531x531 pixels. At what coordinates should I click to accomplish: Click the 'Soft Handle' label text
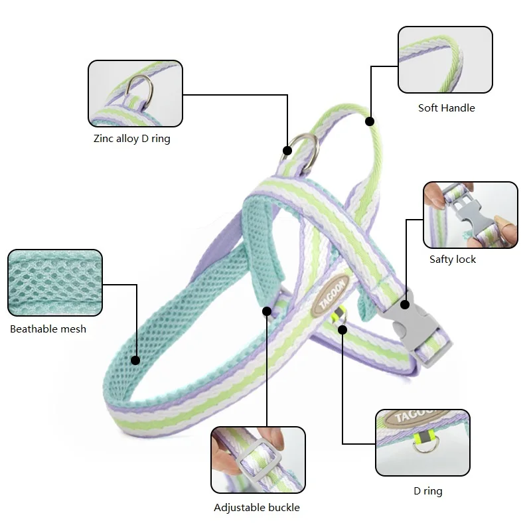pyautogui.click(x=446, y=108)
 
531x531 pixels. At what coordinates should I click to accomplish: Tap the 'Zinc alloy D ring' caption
pyautogui.click(x=131, y=139)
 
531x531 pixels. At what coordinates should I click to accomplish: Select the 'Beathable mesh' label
pyautogui.click(x=48, y=329)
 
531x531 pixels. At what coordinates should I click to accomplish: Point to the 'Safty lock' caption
pyautogui.click(x=453, y=259)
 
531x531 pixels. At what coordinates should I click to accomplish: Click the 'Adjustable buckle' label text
pyautogui.click(x=257, y=508)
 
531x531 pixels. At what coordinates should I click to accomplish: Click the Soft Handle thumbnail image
pyautogui.click(x=445, y=60)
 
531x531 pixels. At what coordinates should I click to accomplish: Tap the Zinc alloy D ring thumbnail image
pyautogui.click(x=135, y=93)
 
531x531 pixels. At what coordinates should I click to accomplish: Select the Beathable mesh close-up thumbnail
pyautogui.click(x=54, y=283)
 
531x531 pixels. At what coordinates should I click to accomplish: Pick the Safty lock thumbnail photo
pyautogui.click(x=470, y=215)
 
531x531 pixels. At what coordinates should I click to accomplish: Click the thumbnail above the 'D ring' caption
pyautogui.click(x=422, y=442)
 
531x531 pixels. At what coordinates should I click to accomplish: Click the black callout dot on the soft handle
pyautogui.click(x=370, y=121)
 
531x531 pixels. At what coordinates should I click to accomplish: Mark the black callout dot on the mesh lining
pyautogui.click(x=135, y=360)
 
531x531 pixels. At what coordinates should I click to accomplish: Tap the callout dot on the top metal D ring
pyautogui.click(x=287, y=150)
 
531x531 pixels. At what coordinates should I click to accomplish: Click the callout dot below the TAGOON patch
pyautogui.click(x=342, y=329)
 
